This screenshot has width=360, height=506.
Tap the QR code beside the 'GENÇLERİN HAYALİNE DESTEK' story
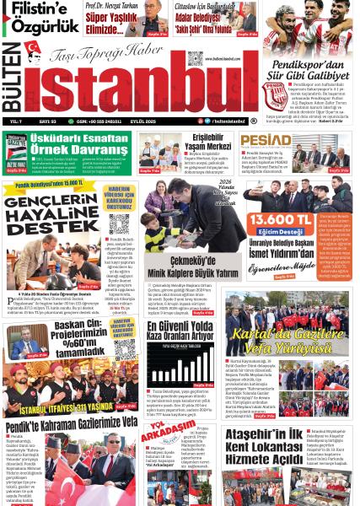(x=118, y=224)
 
